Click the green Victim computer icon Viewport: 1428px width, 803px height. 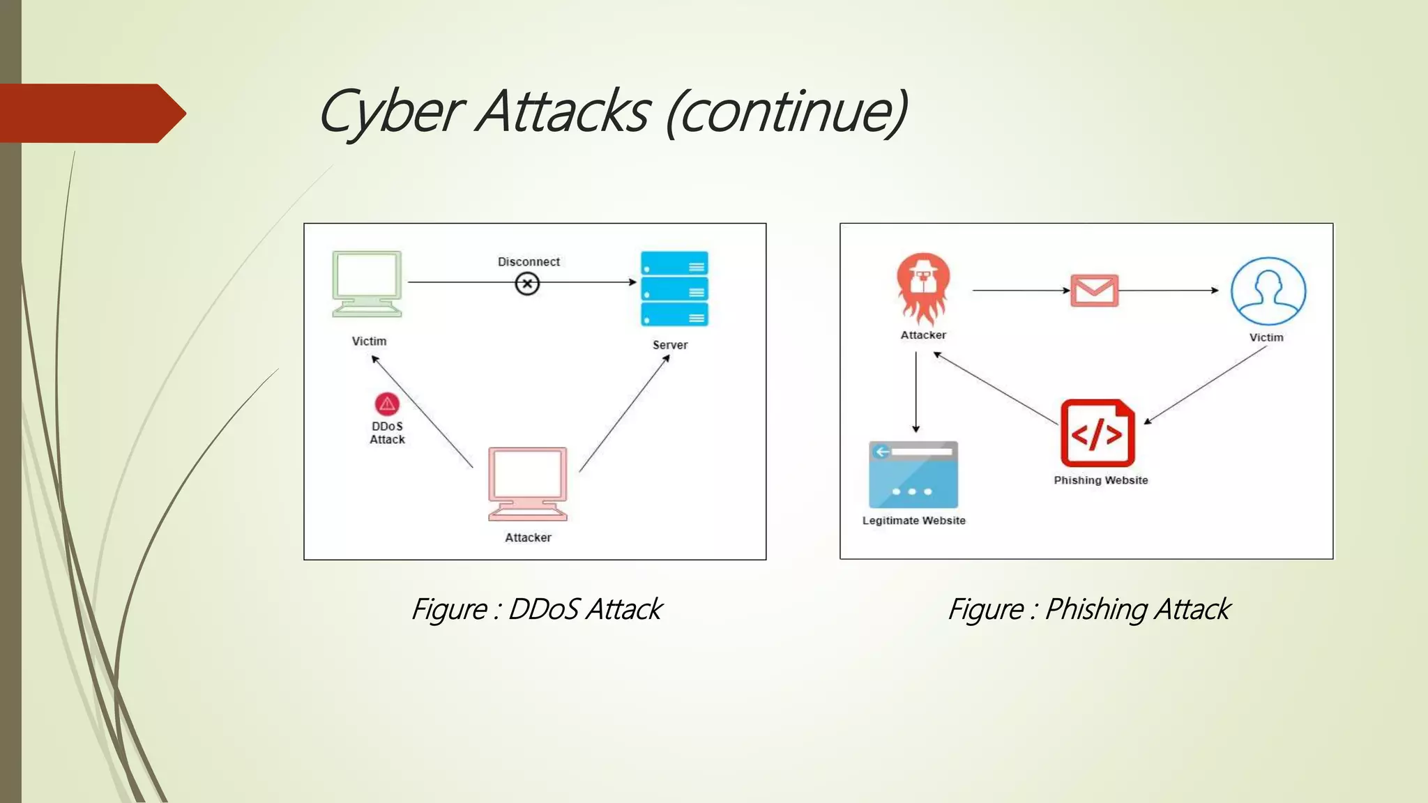point(367,284)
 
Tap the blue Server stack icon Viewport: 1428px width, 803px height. point(674,289)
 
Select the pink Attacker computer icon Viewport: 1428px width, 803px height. point(528,484)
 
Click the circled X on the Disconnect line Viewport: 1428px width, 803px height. point(527,284)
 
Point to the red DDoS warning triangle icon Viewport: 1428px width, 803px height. point(387,404)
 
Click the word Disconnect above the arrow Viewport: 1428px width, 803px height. point(529,262)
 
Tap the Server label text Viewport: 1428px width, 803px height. point(669,345)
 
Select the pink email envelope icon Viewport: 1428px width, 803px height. point(1094,290)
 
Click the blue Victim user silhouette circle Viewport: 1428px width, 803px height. point(1268,291)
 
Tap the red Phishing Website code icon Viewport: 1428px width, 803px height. point(1097,433)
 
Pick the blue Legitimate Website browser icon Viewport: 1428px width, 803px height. point(913,475)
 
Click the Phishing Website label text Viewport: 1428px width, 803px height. point(1100,480)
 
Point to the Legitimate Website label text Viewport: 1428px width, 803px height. point(913,521)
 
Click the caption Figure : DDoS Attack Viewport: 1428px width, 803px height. point(536,609)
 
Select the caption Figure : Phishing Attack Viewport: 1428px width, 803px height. point(1088,609)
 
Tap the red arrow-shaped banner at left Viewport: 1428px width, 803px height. point(91,113)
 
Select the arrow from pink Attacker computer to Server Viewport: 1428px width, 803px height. point(624,413)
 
